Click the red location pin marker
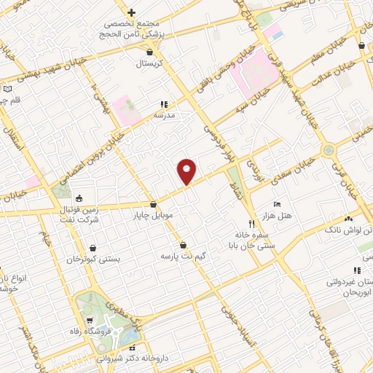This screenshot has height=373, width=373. pyautogui.click(x=187, y=171)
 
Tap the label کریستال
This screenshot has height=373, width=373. pyautogui.click(x=150, y=63)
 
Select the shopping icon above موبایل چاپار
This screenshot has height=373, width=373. pyautogui.click(x=153, y=205)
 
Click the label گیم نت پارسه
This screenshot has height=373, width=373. pyautogui.click(x=183, y=256)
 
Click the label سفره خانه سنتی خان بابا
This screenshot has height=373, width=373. pyautogui.click(x=251, y=241)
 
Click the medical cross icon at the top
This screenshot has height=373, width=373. pyautogui.click(x=131, y=12)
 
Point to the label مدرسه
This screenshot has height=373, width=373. pyautogui.click(x=164, y=115)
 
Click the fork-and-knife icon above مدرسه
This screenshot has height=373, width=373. pyautogui.click(x=164, y=104)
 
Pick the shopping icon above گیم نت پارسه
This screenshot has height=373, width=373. pyautogui.click(x=182, y=245)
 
